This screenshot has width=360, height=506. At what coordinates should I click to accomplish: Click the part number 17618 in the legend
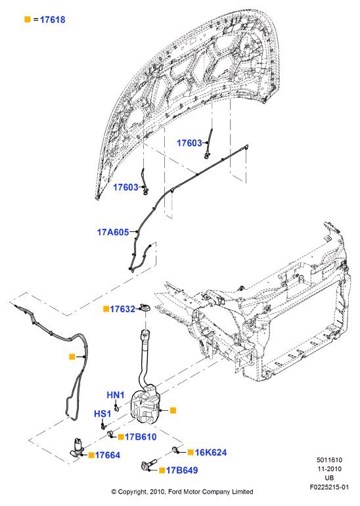point(53,20)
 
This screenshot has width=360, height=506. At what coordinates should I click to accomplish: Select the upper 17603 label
point(189,143)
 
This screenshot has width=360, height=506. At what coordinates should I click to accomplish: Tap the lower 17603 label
point(125,187)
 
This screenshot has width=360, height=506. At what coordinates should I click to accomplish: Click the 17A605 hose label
point(113,232)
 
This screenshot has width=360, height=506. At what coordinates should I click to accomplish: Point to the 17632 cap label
point(123,309)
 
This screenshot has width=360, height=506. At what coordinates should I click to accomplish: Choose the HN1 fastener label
point(116,395)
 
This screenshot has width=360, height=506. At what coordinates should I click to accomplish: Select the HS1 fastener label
point(102,414)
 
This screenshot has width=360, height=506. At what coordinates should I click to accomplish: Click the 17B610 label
point(141,437)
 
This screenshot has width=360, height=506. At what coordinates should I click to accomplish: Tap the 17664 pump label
point(108,455)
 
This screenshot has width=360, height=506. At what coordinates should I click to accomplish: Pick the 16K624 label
point(211,452)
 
